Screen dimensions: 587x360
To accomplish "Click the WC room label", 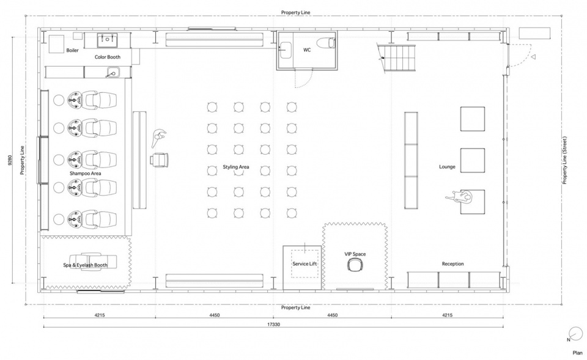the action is point(306,50).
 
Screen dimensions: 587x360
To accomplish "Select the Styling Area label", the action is point(236,167).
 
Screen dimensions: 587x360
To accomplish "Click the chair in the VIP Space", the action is point(355,265).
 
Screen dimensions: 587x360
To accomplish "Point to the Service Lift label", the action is point(305,264).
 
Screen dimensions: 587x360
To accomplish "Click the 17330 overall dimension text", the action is point(274,325).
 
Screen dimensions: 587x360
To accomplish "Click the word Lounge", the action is point(447,167).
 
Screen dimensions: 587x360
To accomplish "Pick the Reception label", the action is point(452,264).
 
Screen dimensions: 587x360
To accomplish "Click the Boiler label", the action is point(72,50).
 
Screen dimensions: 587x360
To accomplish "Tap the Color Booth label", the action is point(108,57).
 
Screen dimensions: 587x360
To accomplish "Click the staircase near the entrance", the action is point(397,57).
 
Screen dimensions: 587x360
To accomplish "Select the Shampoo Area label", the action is point(86,174).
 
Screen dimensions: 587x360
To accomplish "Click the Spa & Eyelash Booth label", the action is point(86,265).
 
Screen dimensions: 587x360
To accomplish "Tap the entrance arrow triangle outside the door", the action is point(533,57).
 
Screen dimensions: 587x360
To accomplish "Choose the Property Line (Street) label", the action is point(565,160).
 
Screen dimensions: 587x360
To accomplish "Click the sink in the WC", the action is point(286,49).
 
